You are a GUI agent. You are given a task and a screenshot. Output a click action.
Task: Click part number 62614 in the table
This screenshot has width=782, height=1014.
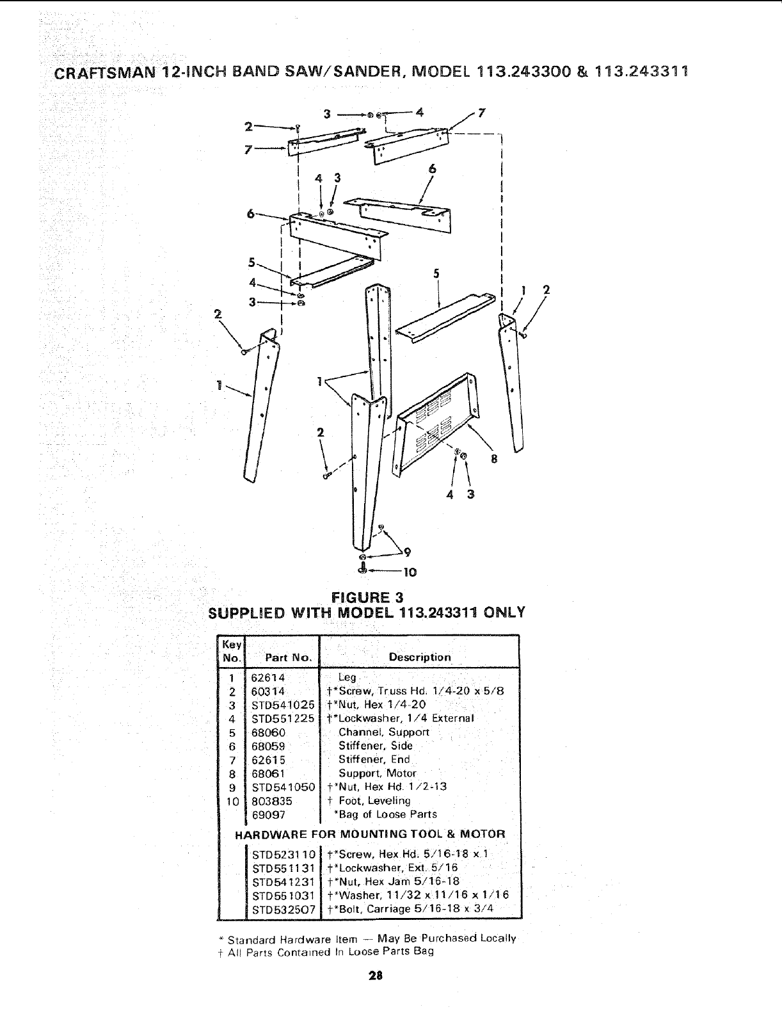pos(268,677)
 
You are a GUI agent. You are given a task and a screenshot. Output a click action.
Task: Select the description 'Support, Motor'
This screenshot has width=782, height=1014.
pos(377,773)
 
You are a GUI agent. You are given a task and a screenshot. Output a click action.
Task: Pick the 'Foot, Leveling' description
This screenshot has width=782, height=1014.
pos(374,801)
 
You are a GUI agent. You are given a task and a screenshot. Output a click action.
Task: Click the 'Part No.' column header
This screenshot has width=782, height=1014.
pos(289,657)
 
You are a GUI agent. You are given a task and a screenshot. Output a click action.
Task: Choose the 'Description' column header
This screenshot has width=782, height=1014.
pos(420,657)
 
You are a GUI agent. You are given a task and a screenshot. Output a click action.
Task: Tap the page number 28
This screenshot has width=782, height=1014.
pos(375,976)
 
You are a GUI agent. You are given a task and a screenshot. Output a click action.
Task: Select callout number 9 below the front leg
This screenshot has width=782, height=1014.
pos(406,551)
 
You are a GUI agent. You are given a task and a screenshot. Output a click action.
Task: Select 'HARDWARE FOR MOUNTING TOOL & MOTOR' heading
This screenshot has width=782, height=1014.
pos(370,834)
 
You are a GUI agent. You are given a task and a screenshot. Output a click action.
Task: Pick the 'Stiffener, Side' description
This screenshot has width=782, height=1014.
pos(376,746)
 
